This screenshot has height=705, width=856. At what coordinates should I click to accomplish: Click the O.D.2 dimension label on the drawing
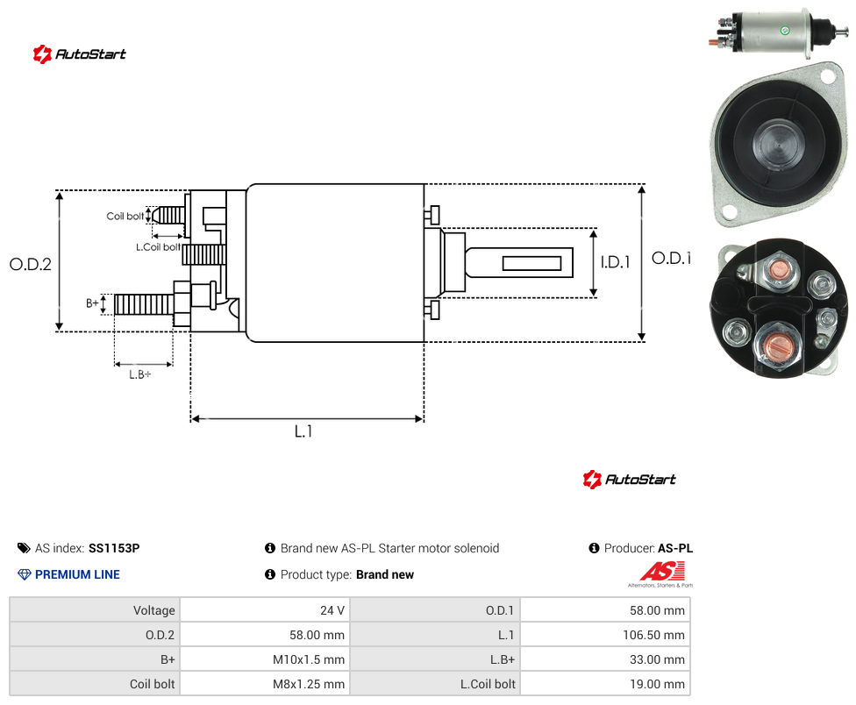31,264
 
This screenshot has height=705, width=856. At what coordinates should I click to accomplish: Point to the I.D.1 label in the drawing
616,262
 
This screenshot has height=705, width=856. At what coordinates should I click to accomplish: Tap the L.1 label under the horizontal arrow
303,431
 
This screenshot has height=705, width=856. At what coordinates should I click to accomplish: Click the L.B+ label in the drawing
140,374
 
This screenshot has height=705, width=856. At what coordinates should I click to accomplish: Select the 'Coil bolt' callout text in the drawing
125,216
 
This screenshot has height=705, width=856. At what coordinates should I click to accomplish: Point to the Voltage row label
154,610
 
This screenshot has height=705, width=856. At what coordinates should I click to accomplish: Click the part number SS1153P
114,548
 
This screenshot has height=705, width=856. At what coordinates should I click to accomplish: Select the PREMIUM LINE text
77,574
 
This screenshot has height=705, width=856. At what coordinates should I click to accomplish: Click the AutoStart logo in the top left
80,54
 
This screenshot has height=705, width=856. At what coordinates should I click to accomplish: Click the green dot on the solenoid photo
785,31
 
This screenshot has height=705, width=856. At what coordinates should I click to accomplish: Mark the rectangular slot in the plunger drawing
531,264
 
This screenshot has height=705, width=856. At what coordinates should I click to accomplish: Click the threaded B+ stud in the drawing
144,304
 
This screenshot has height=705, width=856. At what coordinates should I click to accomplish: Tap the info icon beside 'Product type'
269,574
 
